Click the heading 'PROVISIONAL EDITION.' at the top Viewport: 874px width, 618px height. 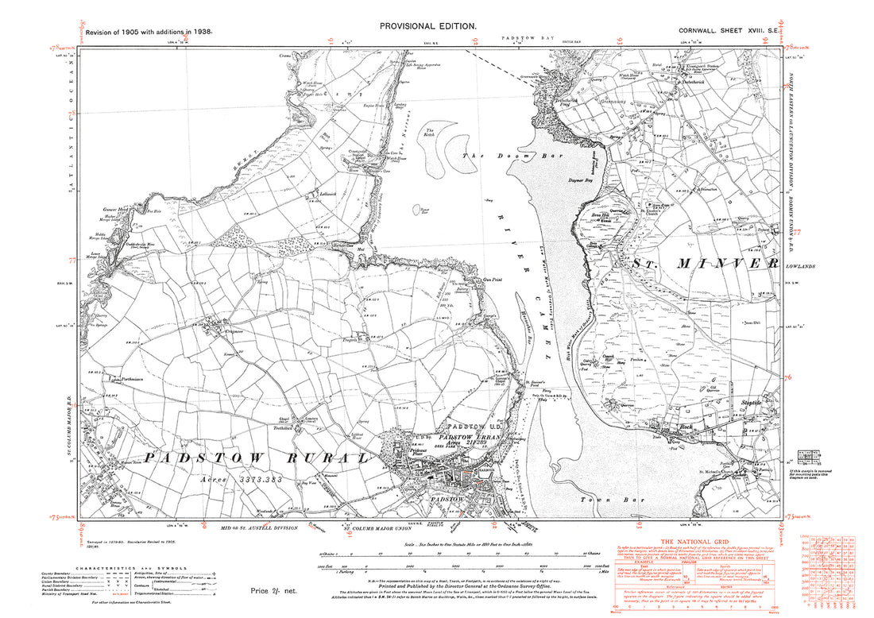[428, 26]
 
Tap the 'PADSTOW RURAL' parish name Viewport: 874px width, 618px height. [238, 458]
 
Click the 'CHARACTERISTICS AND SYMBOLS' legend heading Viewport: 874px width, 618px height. [129, 568]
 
